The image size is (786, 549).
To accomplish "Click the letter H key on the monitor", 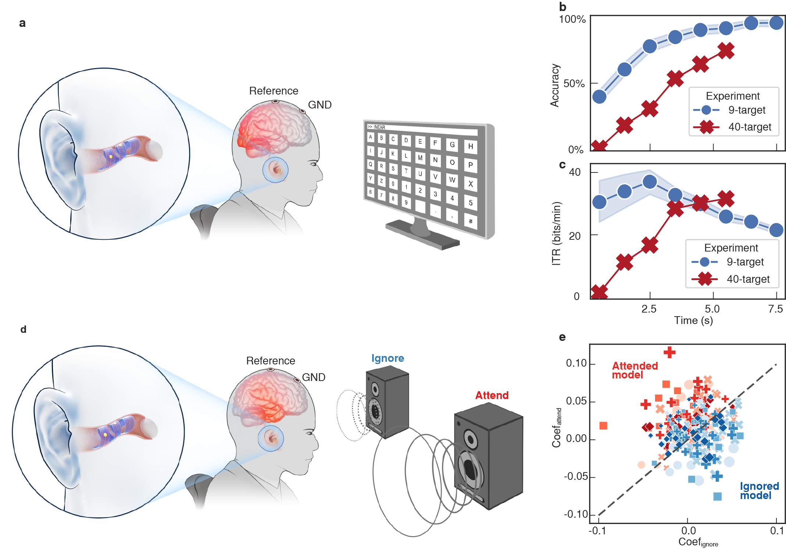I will [x=470, y=146].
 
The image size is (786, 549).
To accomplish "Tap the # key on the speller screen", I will [x=470, y=221].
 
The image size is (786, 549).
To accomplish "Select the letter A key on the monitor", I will [x=370, y=137].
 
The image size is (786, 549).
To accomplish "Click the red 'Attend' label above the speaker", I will [x=492, y=395].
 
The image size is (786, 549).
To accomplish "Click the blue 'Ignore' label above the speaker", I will [x=388, y=358].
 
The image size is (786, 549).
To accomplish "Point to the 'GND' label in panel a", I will [x=320, y=105].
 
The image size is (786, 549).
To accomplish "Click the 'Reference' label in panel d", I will [x=270, y=361].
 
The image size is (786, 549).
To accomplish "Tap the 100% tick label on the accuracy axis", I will [x=572, y=19].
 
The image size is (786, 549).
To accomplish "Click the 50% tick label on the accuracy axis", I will [x=574, y=83].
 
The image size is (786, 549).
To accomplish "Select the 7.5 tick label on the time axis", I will [x=775, y=309].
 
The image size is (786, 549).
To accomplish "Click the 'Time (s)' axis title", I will [x=693, y=320].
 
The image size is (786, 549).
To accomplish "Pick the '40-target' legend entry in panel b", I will [x=750, y=127].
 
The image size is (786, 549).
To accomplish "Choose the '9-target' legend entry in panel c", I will [x=745, y=262].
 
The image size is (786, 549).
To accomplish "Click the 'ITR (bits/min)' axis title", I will [x=556, y=233].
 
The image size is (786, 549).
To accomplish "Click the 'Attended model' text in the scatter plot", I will [x=634, y=370].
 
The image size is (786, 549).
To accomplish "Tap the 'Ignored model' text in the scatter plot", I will [x=759, y=491].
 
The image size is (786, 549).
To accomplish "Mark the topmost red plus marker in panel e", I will [x=669, y=352].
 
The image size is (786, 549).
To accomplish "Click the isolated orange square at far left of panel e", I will [x=603, y=425].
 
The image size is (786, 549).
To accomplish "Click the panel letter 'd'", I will [x=24, y=329].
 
